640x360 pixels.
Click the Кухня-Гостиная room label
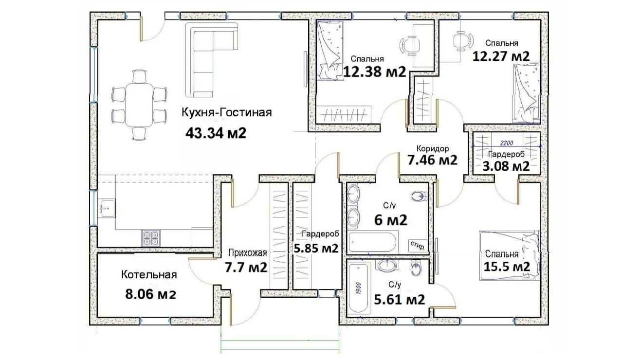(x=227, y=112)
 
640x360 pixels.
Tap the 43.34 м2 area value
(x=216, y=133)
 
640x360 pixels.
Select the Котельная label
(x=149, y=275)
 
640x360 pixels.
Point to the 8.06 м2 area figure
(x=150, y=294)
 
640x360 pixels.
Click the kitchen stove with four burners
(x=151, y=238)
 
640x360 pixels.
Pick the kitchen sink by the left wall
(x=107, y=208)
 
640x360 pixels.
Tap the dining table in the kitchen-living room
(x=139, y=105)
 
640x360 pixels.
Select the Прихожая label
(x=247, y=252)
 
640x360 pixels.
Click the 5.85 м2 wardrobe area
(x=316, y=248)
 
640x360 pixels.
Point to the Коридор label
(x=433, y=148)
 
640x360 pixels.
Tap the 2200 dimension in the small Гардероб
(x=507, y=143)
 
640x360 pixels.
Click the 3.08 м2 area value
(x=506, y=166)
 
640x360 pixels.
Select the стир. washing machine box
(x=418, y=246)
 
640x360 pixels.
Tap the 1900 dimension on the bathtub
(x=359, y=288)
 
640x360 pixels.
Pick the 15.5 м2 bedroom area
(x=507, y=267)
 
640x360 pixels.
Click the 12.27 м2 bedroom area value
(x=501, y=56)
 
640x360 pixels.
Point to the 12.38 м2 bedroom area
(x=374, y=72)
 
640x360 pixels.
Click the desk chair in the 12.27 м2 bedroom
(x=462, y=41)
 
